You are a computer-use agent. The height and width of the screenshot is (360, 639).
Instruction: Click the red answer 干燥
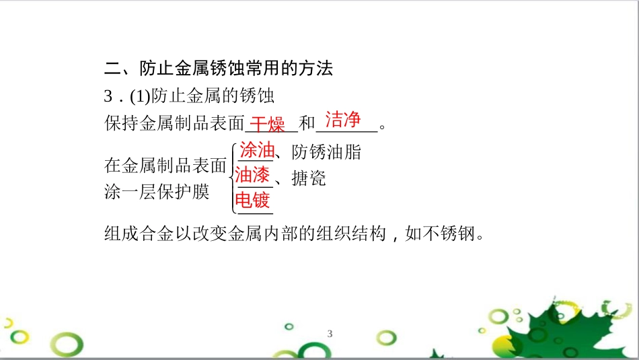268,124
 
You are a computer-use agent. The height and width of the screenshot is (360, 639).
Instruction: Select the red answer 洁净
343,120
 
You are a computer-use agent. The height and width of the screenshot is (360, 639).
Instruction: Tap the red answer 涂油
257,151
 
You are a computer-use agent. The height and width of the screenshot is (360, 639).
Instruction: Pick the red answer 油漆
253,176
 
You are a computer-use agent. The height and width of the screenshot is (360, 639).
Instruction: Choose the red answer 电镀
252,201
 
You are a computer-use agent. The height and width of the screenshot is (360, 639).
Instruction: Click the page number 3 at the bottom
330,334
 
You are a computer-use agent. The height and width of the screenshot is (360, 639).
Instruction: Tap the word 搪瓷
309,178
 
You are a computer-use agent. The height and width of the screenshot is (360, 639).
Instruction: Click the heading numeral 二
113,68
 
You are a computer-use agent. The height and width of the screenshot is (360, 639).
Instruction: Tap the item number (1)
138,96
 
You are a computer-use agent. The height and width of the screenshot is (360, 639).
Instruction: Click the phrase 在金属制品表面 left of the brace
165,165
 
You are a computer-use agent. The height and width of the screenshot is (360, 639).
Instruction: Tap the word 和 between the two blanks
307,124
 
